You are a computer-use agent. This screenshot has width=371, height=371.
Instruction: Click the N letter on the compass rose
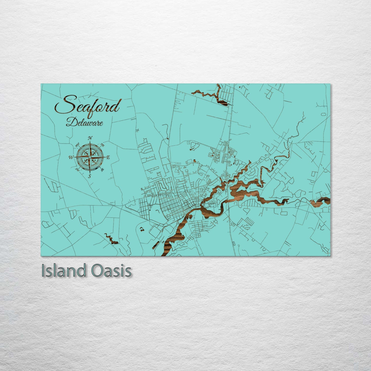(90, 138)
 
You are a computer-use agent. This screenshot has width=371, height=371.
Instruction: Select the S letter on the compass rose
(90, 176)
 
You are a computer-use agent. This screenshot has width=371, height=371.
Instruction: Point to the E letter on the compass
(108, 157)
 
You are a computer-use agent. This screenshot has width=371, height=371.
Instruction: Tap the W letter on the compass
(71, 157)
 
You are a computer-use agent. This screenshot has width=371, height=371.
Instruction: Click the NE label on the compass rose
(103, 145)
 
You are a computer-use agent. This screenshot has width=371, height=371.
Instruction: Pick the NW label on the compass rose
(77, 145)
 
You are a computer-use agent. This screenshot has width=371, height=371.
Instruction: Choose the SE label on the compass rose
(102, 169)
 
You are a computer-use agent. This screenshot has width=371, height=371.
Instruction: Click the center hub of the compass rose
(90, 157)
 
